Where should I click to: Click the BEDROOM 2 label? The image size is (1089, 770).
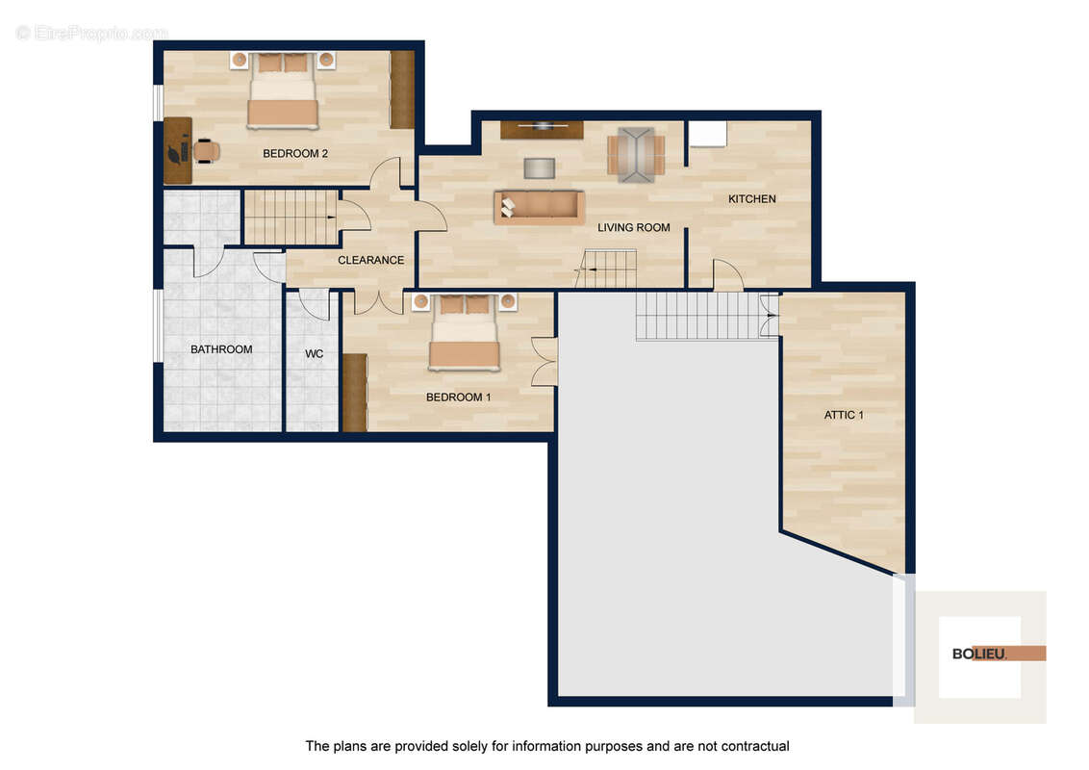(295, 154)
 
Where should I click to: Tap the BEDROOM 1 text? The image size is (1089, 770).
(458, 398)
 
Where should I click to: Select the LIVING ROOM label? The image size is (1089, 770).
(633, 227)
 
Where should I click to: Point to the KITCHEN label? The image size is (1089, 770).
(752, 198)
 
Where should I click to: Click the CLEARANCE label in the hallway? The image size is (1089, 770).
(371, 260)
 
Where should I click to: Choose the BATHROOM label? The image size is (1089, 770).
(221, 349)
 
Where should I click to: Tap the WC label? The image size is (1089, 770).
(314, 354)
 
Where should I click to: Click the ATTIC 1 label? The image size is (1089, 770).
(844, 415)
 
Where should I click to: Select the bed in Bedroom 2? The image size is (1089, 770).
(284, 90)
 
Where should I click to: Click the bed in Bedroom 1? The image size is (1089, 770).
(465, 332)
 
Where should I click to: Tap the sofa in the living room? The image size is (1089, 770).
(539, 207)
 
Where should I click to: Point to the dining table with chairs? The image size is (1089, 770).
(636, 154)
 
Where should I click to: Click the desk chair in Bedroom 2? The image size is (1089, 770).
(206, 151)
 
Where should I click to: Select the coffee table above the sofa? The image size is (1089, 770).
(539, 168)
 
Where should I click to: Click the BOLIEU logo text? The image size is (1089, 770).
(979, 654)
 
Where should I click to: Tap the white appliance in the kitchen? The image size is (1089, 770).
(708, 134)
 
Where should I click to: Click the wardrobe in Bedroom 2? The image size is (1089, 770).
(402, 90)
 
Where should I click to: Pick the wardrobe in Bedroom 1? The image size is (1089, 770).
(355, 393)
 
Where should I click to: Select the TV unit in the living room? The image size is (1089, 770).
(542, 129)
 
